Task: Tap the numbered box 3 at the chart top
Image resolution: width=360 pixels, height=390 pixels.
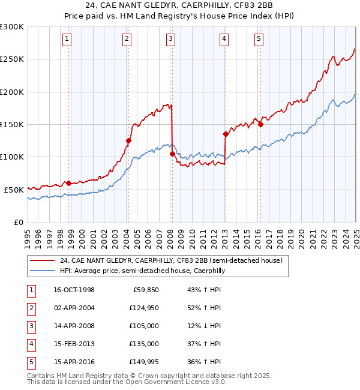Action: pos(171,40)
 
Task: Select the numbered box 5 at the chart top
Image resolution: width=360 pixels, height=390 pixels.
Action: pos(259,40)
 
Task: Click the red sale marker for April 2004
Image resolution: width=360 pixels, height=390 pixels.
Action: pos(128,140)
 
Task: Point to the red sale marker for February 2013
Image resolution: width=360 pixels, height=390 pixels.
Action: pos(226,134)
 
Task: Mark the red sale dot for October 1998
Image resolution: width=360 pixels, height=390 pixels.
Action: pos(69,183)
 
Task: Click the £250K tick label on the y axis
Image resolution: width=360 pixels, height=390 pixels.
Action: pos(12,59)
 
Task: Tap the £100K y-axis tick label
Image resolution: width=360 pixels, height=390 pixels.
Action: pos(12,157)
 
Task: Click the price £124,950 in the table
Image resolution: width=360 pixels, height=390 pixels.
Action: pos(142,308)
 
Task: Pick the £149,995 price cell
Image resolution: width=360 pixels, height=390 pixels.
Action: pos(142,362)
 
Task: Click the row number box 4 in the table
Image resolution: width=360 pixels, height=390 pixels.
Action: pos(31,344)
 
